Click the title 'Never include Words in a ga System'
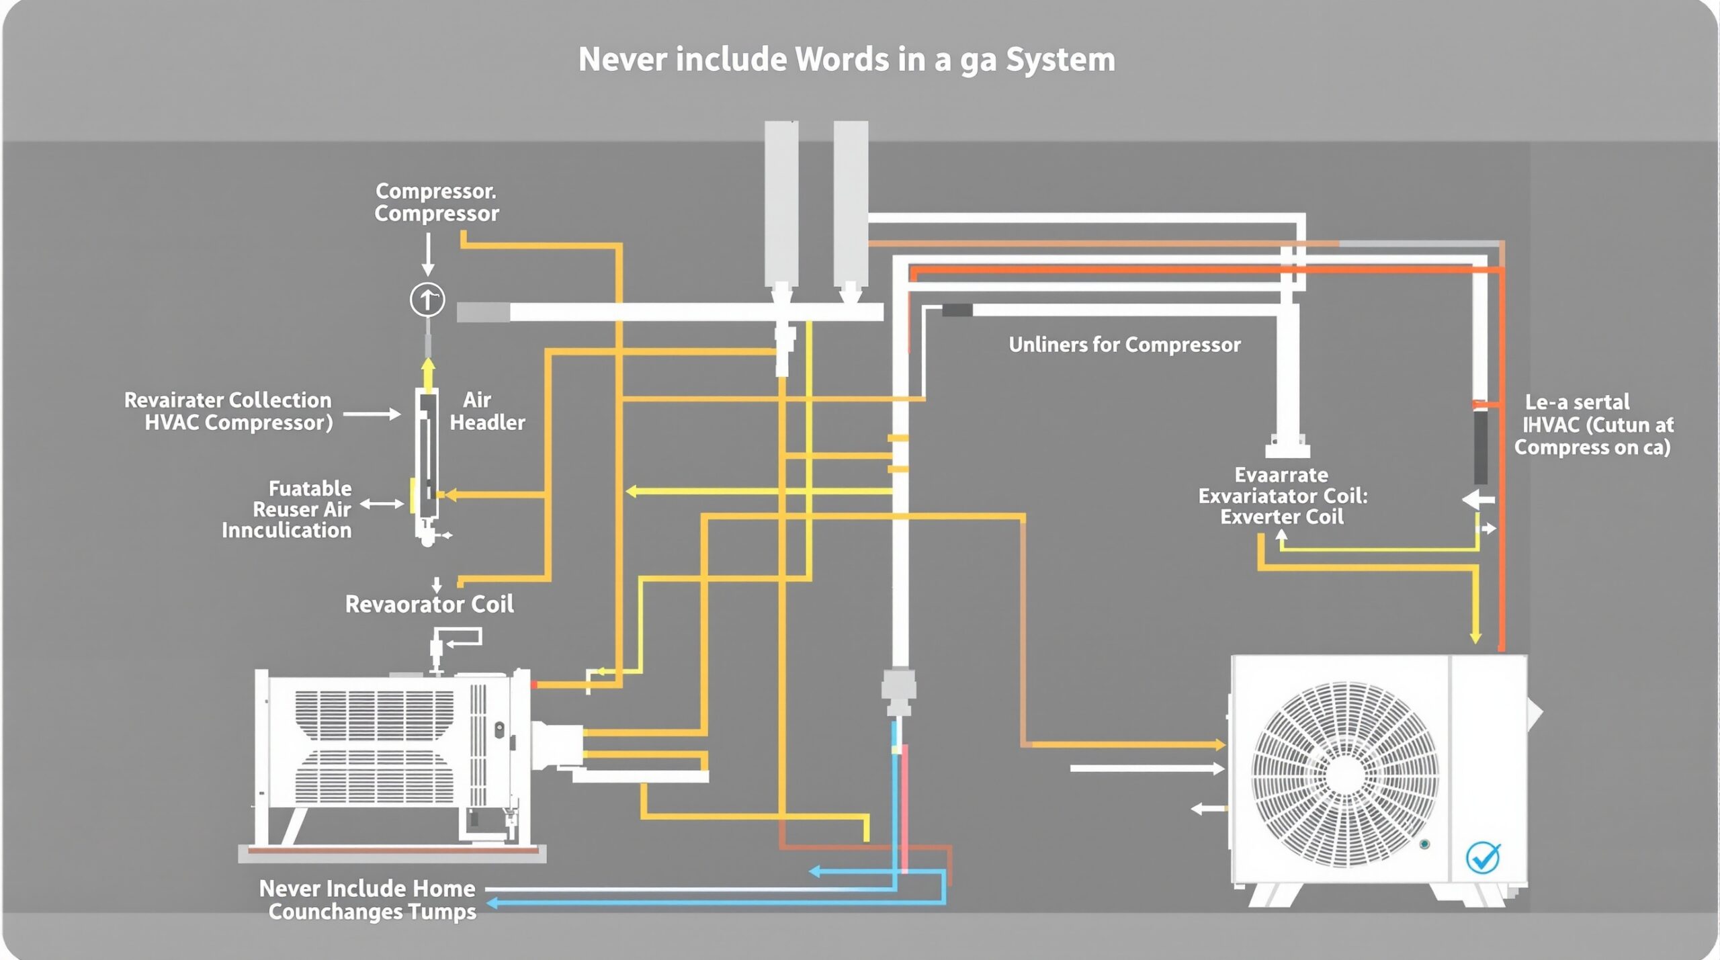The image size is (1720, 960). coord(847,60)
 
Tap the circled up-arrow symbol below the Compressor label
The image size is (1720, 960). coord(427,300)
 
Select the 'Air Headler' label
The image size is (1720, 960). coord(486,411)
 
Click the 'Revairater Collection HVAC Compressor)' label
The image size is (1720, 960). coord(228,411)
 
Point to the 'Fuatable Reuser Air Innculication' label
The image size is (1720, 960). coord(288,509)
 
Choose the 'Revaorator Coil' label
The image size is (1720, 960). coord(429,605)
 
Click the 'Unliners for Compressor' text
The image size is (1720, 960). coord(1124,345)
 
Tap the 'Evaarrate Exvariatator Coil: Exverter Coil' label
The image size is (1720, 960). coord(1282,496)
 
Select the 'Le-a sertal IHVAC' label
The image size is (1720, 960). coord(1592,425)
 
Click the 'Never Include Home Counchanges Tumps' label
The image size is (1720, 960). coord(368,900)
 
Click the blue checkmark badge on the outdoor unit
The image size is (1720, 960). coord(1482,857)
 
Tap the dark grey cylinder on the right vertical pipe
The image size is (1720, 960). coord(1480,447)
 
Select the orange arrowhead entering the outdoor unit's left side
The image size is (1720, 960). coord(1219,744)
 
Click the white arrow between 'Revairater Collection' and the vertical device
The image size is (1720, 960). coord(373,414)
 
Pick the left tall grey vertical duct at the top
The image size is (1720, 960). coord(781,202)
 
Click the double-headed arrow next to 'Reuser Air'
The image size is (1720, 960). coord(382,504)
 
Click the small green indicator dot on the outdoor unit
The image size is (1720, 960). coord(1424,844)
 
